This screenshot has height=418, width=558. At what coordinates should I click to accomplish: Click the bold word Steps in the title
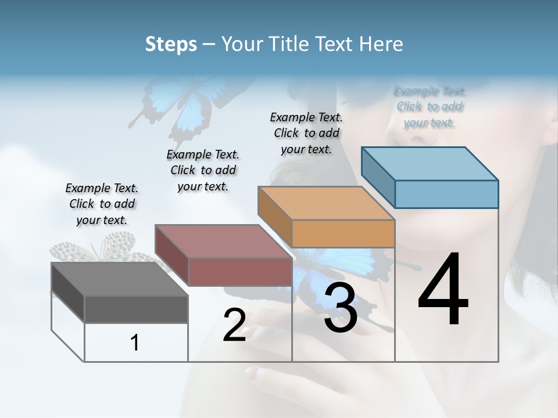[x=171, y=44]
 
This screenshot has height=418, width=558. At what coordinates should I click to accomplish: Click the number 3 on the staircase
[x=341, y=308]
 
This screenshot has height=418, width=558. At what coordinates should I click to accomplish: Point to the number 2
[x=235, y=325]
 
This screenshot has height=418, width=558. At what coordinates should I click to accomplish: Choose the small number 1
[x=135, y=343]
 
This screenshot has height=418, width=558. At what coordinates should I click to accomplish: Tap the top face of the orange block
[x=326, y=203]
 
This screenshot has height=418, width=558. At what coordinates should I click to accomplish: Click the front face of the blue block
[x=446, y=194]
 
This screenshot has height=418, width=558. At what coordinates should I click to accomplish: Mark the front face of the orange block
[x=343, y=234]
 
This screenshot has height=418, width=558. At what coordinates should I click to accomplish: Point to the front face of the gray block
[x=136, y=309]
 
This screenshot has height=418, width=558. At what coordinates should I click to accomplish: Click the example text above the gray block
[x=102, y=204]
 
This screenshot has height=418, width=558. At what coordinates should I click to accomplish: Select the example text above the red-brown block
[x=203, y=170]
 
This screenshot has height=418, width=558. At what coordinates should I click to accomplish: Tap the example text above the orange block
[x=306, y=133]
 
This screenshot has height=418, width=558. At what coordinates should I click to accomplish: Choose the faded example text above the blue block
[x=430, y=107]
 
